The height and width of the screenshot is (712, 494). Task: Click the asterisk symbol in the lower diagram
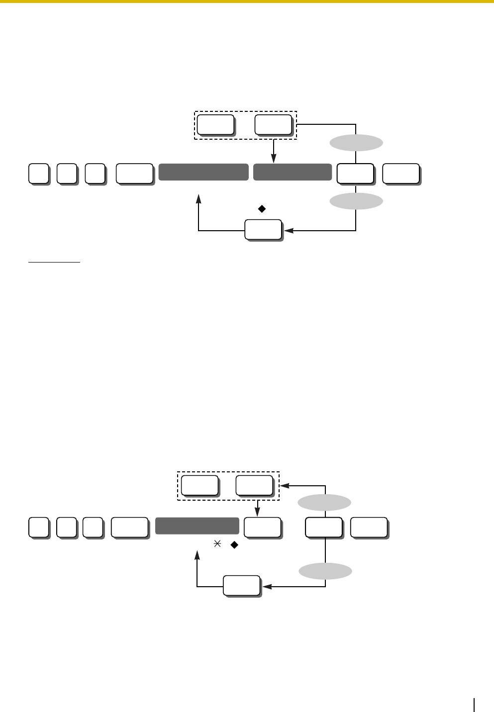tap(216, 545)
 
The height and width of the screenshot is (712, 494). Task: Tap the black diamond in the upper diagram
tap(262, 209)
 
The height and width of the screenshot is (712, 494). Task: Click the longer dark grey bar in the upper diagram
tap(203, 172)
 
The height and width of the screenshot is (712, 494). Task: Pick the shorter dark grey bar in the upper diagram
tap(293, 172)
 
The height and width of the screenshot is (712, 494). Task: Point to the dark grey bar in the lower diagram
tap(197, 526)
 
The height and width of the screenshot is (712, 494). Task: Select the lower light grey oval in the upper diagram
tap(356, 201)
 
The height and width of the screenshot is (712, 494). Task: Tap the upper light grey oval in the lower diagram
tap(324, 503)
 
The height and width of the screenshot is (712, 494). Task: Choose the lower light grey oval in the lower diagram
tap(325, 571)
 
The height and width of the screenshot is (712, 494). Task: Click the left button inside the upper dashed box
tap(215, 124)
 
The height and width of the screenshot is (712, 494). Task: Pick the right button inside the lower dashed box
tap(254, 485)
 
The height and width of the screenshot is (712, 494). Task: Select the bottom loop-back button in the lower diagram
tap(242, 586)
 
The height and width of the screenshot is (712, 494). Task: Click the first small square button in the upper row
tap(38, 174)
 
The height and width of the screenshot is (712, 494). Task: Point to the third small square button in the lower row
tap(93, 527)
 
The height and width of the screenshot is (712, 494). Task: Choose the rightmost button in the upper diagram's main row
tap(401, 174)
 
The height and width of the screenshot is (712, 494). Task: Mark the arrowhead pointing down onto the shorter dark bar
tap(274, 159)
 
